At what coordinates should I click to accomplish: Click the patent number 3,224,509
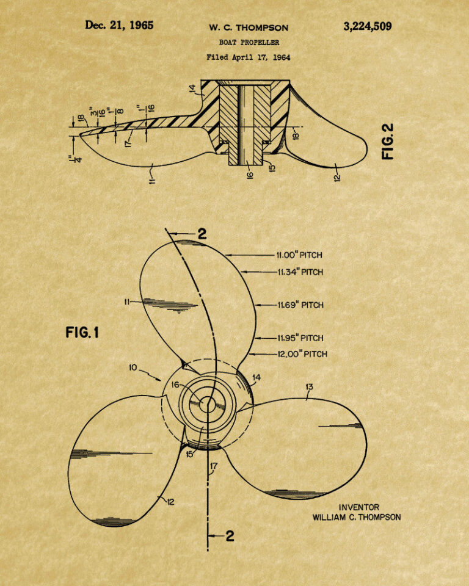coord(368,26)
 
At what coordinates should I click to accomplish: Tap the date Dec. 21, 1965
coord(119,25)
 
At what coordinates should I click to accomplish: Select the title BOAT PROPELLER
coord(249,42)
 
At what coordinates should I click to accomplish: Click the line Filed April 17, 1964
coord(249,57)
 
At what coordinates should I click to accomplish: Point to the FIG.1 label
coord(82,332)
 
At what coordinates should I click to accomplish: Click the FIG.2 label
coord(388,142)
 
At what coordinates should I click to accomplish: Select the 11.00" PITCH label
coord(299,255)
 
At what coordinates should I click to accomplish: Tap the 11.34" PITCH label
coord(300,272)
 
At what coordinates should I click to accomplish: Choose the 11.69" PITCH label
coord(300,305)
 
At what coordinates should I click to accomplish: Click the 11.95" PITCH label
coord(300,338)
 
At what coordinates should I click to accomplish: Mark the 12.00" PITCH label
coord(302,353)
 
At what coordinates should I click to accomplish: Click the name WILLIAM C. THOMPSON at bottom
coord(357,517)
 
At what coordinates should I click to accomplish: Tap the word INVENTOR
coord(359,507)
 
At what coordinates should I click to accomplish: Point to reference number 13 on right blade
coord(309,387)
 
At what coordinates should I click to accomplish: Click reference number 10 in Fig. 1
coord(133,367)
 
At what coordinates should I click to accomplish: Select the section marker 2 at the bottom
coord(230,537)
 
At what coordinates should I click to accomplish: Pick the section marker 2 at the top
coord(202,234)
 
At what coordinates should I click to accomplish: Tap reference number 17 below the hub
coord(214,466)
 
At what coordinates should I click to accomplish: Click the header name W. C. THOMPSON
coord(249,27)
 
